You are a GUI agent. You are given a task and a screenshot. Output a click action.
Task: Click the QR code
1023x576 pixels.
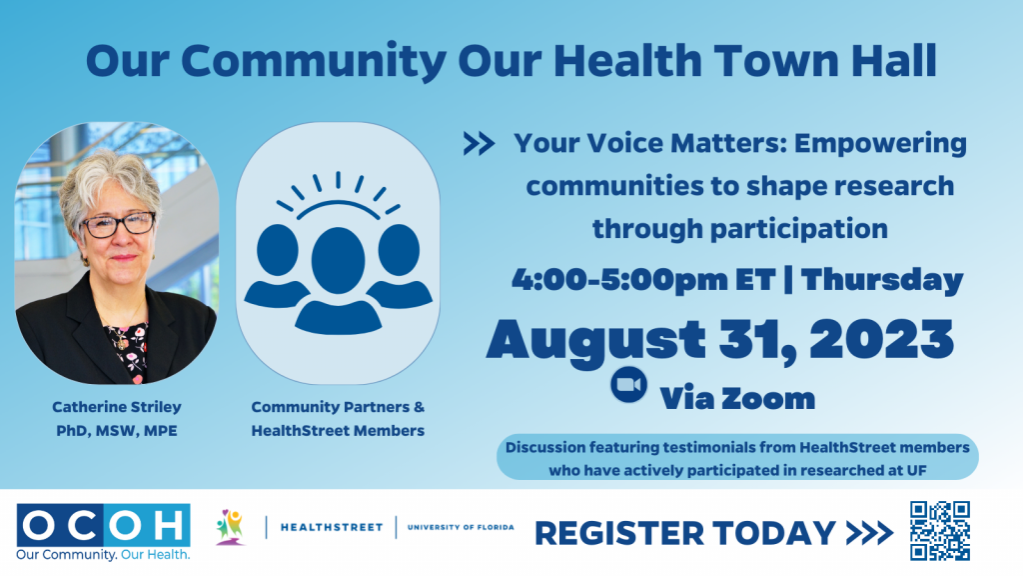click(940, 531)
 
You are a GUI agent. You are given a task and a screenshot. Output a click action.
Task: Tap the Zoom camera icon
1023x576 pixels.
click(628, 386)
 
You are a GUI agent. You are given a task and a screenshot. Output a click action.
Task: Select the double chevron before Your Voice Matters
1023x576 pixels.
click(480, 146)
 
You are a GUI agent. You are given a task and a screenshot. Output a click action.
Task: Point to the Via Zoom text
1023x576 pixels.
click(737, 398)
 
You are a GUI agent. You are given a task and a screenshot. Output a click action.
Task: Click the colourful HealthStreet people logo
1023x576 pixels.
click(230, 526)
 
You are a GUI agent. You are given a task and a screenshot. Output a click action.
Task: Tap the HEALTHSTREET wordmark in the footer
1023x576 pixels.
click(331, 527)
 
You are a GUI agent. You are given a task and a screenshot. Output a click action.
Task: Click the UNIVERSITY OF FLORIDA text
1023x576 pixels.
click(461, 527)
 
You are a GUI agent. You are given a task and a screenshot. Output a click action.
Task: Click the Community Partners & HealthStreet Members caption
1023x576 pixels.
click(338, 419)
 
